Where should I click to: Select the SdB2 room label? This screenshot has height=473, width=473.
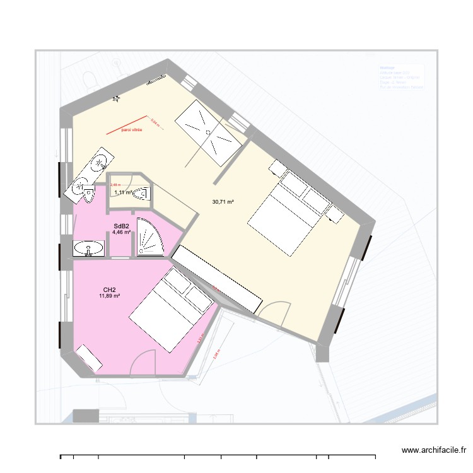click(x=122, y=226)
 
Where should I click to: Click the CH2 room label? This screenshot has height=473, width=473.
click(x=109, y=289)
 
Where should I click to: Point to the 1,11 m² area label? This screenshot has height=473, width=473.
click(x=124, y=192)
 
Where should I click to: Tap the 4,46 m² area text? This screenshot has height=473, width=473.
click(x=122, y=232)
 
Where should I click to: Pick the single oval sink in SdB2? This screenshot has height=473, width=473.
click(x=89, y=250)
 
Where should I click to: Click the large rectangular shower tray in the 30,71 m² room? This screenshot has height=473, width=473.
click(x=210, y=132)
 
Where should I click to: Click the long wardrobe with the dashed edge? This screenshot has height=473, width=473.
click(x=217, y=278)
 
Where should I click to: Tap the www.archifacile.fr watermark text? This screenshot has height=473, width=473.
click(x=433, y=451)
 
